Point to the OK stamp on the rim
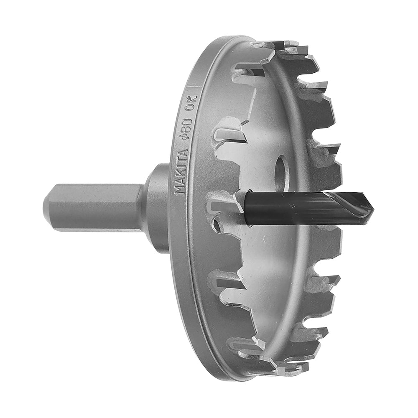point(191,102)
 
